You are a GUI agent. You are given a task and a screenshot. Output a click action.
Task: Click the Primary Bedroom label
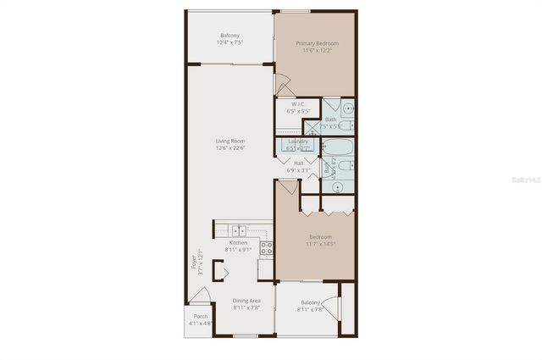314,42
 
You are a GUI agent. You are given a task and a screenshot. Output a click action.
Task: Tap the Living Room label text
230,141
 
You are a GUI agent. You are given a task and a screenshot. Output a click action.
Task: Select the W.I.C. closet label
299,104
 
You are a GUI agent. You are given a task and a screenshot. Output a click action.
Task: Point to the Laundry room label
297,141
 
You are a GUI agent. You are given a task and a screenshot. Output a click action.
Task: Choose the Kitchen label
238,242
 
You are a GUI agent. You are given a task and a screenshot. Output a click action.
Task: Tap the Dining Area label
246,301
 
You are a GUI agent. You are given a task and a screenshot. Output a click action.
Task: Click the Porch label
201,316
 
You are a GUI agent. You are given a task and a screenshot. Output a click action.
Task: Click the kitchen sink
240,229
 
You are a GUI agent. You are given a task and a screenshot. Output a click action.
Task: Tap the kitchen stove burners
266,248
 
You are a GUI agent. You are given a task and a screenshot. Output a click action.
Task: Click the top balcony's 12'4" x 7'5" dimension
230,42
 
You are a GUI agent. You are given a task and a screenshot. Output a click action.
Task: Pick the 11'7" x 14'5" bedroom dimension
320,244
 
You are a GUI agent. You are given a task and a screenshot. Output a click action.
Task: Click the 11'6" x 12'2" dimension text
314,49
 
